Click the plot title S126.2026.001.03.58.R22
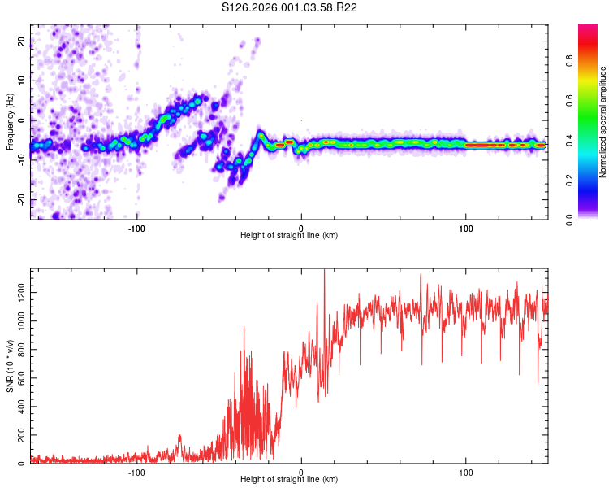click(301, 7)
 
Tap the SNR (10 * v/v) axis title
click(10, 366)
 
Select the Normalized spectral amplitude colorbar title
click(603, 122)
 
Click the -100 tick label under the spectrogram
click(136, 227)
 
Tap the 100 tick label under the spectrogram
click(466, 227)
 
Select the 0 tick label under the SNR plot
click(301, 471)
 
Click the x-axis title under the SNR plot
click(289, 480)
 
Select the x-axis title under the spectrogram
click(289, 236)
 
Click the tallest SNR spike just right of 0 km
click(324, 272)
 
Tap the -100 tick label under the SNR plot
click(136, 471)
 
